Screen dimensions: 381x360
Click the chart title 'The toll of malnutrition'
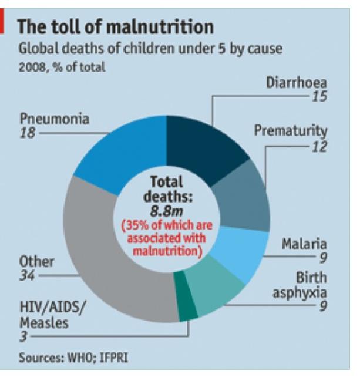115,26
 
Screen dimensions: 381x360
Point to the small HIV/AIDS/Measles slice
187,309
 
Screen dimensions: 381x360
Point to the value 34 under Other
27,275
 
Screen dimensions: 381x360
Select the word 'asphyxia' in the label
300,292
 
